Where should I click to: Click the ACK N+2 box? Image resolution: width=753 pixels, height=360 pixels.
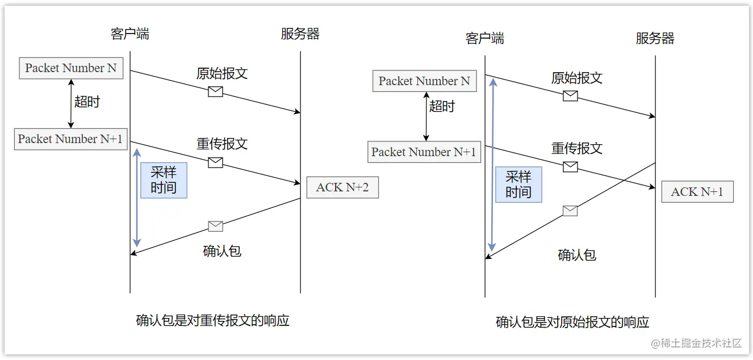[342, 187]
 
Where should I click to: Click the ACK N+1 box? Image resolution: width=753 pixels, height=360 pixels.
[697, 192]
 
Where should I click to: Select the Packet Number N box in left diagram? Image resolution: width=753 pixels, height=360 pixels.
[71, 68]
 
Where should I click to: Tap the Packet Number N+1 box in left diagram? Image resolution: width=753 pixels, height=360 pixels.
[70, 139]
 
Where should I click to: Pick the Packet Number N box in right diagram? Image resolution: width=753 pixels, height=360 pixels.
[424, 81]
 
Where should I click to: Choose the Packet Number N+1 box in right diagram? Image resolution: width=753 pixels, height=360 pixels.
[424, 152]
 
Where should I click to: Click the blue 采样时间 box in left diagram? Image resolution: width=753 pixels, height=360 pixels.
[164, 180]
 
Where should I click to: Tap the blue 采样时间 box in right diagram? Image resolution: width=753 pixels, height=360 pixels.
[518, 185]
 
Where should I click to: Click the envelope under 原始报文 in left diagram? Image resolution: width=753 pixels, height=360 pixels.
[215, 91]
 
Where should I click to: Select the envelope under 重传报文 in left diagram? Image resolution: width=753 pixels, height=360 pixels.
[215, 162]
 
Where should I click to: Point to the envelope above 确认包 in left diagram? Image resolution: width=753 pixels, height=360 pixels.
[215, 226]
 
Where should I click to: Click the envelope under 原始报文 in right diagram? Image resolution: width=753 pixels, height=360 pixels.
[570, 96]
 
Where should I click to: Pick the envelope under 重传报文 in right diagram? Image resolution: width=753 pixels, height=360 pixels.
[570, 166]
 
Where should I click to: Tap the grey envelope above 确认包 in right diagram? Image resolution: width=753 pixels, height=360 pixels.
[570, 211]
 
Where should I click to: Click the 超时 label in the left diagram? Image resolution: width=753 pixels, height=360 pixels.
[87, 102]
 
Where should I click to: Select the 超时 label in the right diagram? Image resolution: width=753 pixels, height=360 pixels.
[442, 106]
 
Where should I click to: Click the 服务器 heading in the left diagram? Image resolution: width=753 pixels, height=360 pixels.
[300, 34]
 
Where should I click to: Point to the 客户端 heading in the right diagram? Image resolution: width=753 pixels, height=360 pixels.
[484, 38]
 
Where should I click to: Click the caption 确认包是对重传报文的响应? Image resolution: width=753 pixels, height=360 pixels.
[213, 321]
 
